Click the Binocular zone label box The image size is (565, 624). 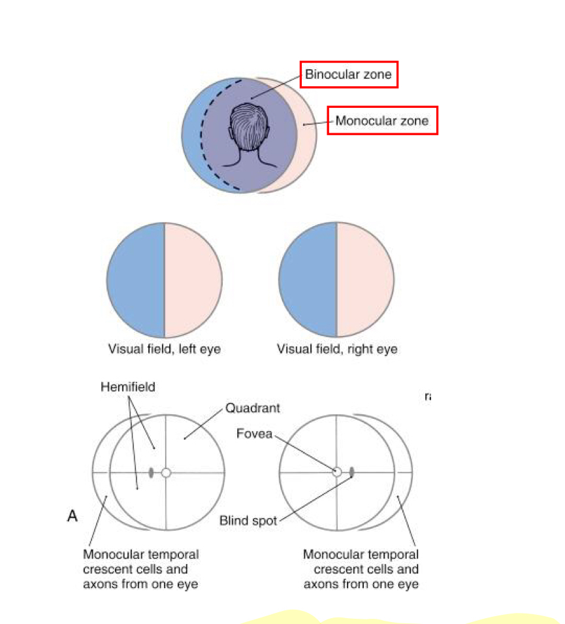coord(349,74)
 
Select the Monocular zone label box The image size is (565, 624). coord(382,121)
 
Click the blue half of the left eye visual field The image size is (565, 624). coord(136,280)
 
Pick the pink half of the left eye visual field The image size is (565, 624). coord(193,280)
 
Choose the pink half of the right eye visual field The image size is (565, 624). coord(364,280)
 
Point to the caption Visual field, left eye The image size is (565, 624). coord(164,349)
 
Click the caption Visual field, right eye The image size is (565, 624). coord(337,349)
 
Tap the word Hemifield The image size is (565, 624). coord(128,387)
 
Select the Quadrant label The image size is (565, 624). coord(253,408)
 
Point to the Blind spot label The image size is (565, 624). coord(248,521)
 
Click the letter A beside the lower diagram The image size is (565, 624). coord(73,516)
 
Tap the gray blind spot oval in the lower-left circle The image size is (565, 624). coord(152,472)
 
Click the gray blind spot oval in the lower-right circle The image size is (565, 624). coord(352,472)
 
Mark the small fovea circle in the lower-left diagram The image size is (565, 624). coord(166,472)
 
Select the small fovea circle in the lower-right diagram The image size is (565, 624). coord(337,472)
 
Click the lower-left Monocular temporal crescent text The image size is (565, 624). coord(140,569)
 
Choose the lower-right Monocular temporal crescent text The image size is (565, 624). coord(361,569)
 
